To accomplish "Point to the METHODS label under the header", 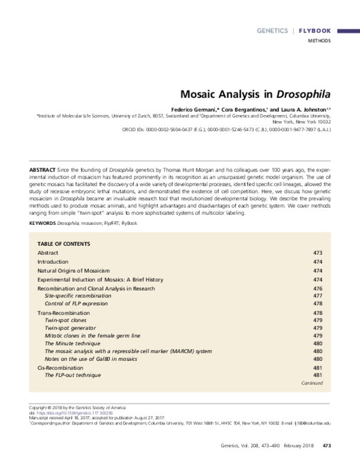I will click(x=319, y=41).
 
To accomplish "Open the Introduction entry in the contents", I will click(x=53, y=262).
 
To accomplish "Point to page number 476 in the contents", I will click(x=318, y=288).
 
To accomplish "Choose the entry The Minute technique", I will click(x=71, y=344).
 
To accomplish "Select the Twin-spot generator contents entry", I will click(x=70, y=328).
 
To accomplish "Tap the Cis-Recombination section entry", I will click(x=61, y=366).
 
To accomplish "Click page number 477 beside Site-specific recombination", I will click(x=318, y=296).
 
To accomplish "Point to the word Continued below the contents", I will click(x=311, y=382).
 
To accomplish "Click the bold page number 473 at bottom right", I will click(x=327, y=445).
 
